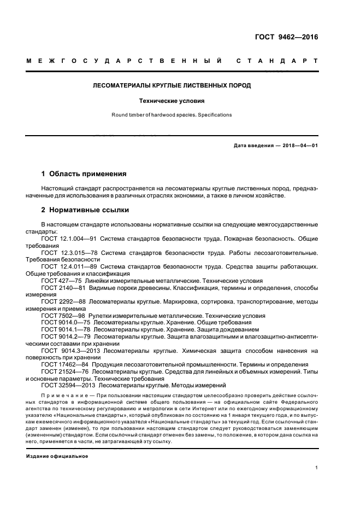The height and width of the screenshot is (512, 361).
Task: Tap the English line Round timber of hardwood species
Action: pos(171,115)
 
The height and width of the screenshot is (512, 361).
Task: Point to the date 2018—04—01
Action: pos(298,145)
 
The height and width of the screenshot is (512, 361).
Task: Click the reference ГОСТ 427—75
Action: pos(58,280)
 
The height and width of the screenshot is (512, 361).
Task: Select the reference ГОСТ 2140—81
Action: pos(61,287)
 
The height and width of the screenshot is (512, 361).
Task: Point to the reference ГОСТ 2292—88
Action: pos(61,301)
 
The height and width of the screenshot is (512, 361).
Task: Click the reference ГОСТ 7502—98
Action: pos(60,316)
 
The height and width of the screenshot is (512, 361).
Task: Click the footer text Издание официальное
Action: pos(57,456)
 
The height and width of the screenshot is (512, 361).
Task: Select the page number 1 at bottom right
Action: pos(317,468)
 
